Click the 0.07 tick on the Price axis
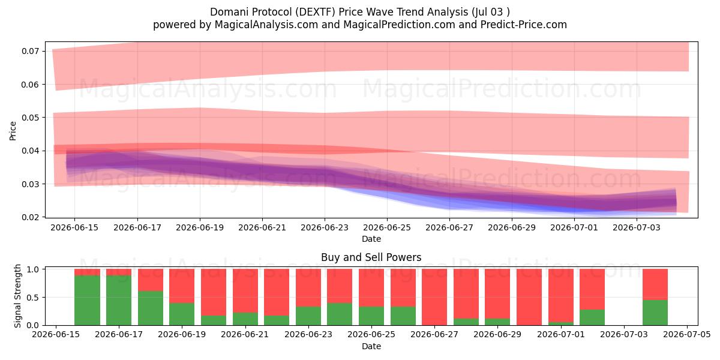(x=30, y=51)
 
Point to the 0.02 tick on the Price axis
(x=30, y=217)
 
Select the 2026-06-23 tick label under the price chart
(x=325, y=227)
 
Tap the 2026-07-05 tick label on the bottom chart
(x=687, y=335)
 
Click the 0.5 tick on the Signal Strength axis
(x=33, y=298)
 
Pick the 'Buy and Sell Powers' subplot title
(x=371, y=257)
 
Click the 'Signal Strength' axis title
(x=17, y=296)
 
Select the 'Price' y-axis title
(x=13, y=131)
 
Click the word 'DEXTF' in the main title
(x=317, y=12)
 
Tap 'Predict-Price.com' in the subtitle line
(x=524, y=25)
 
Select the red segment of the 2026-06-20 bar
(x=214, y=293)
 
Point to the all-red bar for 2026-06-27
(x=434, y=297)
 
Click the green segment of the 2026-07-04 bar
(x=655, y=313)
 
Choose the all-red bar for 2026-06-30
(x=529, y=297)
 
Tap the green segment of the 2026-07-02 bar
(x=592, y=317)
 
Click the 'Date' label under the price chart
(x=371, y=239)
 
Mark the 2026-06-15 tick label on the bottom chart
(x=56, y=335)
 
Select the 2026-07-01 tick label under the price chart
(x=574, y=227)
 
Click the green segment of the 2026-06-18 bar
(x=151, y=308)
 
